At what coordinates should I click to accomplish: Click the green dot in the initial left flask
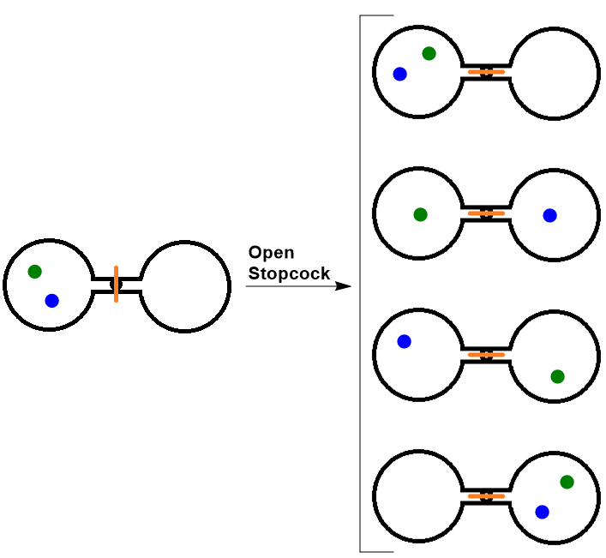34,272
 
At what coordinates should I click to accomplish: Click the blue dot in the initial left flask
51,301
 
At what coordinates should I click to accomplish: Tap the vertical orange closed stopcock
116,284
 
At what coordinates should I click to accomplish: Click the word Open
272,253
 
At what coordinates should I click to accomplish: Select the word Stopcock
289,273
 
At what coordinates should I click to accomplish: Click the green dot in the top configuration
429,53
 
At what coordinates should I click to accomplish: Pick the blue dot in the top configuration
399,75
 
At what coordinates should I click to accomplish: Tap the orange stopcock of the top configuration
486,72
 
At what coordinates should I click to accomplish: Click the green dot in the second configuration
420,214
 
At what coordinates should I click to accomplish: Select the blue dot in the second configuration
549,215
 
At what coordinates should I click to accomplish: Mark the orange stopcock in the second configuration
486,213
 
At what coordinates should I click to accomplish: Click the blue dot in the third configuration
404,341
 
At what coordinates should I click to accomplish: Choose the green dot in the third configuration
557,376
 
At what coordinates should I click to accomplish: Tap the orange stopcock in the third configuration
486,354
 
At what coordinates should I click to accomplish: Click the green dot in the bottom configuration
567,482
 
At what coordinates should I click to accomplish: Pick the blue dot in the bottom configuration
542,512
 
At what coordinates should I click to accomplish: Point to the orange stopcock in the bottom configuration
486,495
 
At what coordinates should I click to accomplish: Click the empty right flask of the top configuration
556,72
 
